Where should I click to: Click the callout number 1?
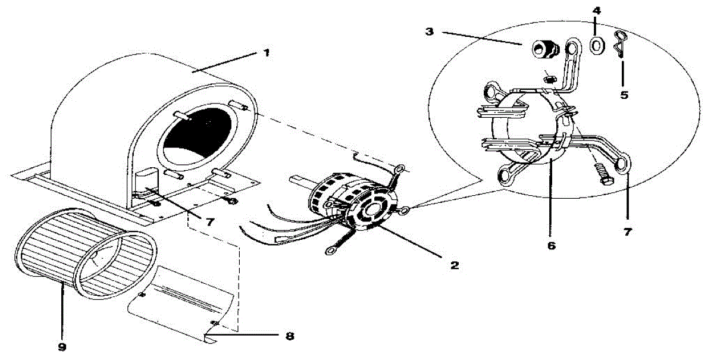tap(267, 52)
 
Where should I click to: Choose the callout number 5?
tap(624, 94)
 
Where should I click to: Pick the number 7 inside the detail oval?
tap(628, 231)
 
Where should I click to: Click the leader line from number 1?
tap(226, 62)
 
